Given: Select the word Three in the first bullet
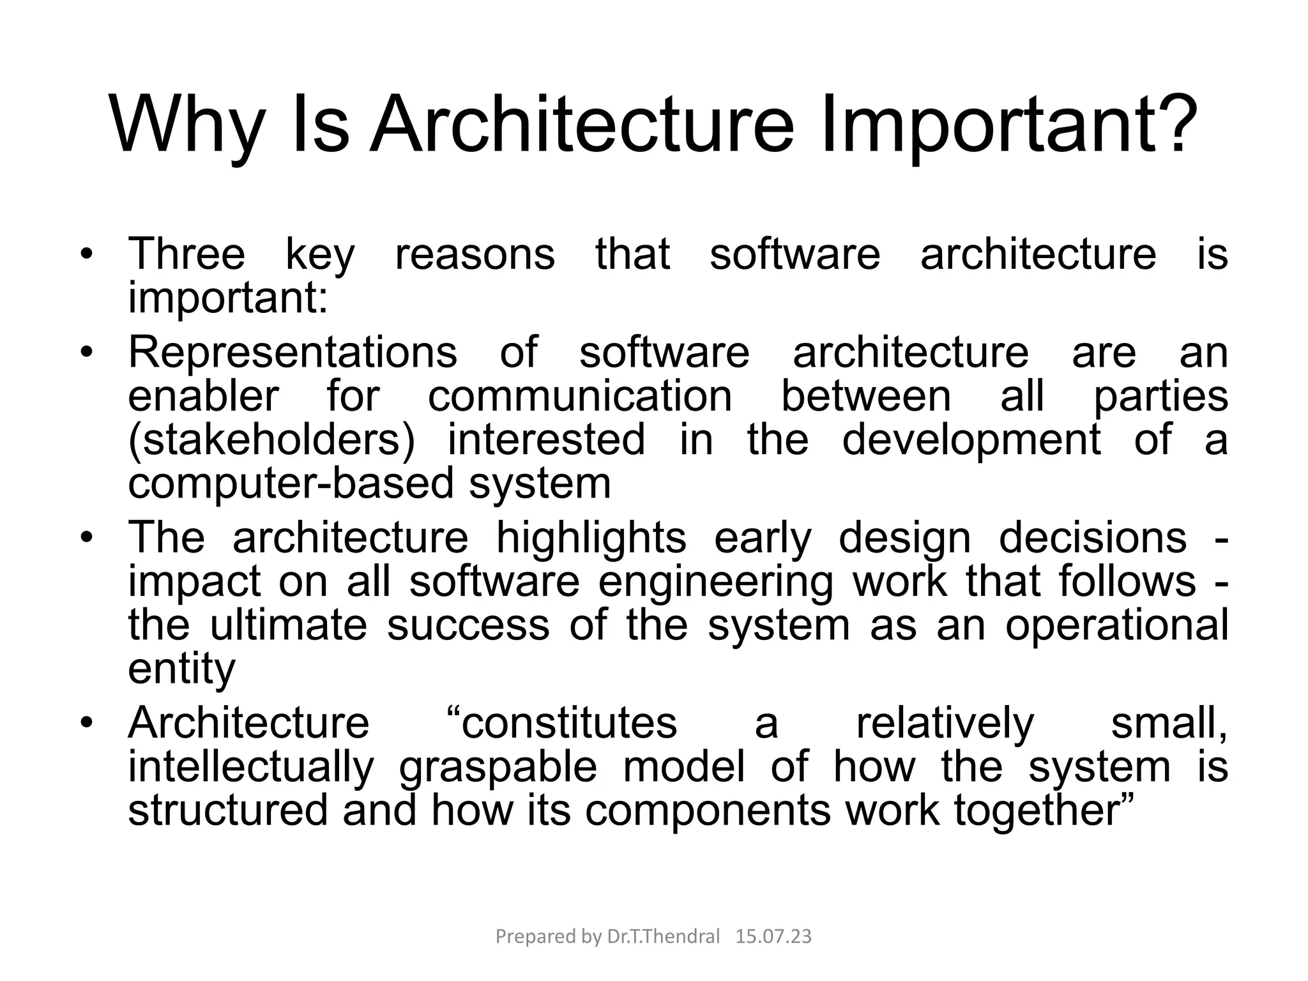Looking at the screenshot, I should click(x=186, y=254).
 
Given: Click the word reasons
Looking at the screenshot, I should click(x=475, y=254).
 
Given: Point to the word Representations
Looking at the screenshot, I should click(x=293, y=353).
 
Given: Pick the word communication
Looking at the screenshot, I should click(x=579, y=396).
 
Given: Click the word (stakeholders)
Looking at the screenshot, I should click(x=271, y=440).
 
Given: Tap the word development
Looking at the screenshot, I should click(x=971, y=440).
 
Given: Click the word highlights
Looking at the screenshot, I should click(x=591, y=538).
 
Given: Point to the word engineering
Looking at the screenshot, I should click(x=715, y=582).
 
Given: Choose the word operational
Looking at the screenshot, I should click(x=1116, y=625).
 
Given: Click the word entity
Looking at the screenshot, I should click(x=181, y=669).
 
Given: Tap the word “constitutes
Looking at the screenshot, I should click(x=559, y=724).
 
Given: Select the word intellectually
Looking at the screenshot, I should click(x=250, y=767).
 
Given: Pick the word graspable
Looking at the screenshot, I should click(x=498, y=767).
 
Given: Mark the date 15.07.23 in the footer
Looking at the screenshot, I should click(x=773, y=936).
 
